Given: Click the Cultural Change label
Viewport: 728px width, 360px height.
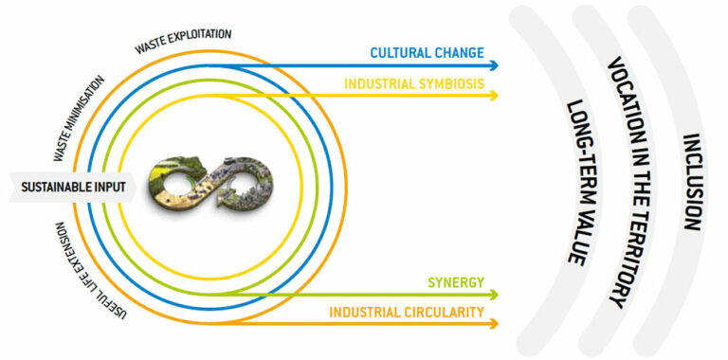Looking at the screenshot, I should coord(428,52).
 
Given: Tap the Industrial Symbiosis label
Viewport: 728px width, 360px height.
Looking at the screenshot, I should coord(414,84).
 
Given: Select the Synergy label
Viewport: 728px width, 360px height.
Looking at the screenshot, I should coord(455,282).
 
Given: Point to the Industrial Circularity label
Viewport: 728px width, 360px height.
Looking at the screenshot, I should coord(408,312).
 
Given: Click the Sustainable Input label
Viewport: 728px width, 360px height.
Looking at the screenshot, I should coord(74,188).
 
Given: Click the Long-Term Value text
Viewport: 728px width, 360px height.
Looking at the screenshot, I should coord(576,180).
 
